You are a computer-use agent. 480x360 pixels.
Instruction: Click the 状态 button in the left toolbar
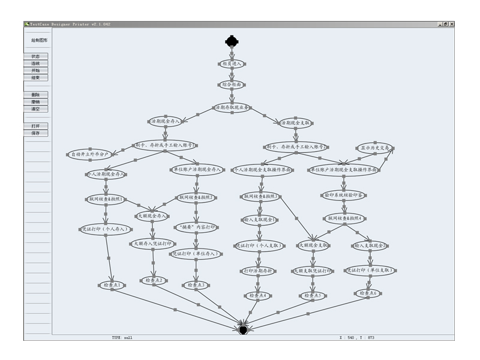(35, 56)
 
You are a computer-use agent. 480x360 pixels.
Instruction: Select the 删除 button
(35, 95)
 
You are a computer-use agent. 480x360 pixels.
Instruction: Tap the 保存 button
(35, 133)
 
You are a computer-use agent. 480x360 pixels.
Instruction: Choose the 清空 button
(35, 109)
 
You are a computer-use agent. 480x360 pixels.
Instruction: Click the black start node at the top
(232, 41)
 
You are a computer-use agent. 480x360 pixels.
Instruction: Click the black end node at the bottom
(243, 329)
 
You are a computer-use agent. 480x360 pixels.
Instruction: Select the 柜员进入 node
(231, 63)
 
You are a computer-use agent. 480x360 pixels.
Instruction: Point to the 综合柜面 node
(231, 85)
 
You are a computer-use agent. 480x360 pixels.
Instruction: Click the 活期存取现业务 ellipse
(231, 107)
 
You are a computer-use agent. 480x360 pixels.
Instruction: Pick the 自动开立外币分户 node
(91, 155)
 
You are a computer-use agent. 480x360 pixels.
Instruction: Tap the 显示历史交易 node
(375, 147)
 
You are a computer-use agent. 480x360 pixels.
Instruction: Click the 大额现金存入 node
(152, 216)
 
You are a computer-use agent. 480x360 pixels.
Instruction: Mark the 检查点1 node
(112, 285)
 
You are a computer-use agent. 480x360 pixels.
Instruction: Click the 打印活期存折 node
(259, 271)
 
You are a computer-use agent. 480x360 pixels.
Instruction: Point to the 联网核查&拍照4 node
(344, 218)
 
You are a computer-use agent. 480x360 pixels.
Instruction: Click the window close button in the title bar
(452, 24)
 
